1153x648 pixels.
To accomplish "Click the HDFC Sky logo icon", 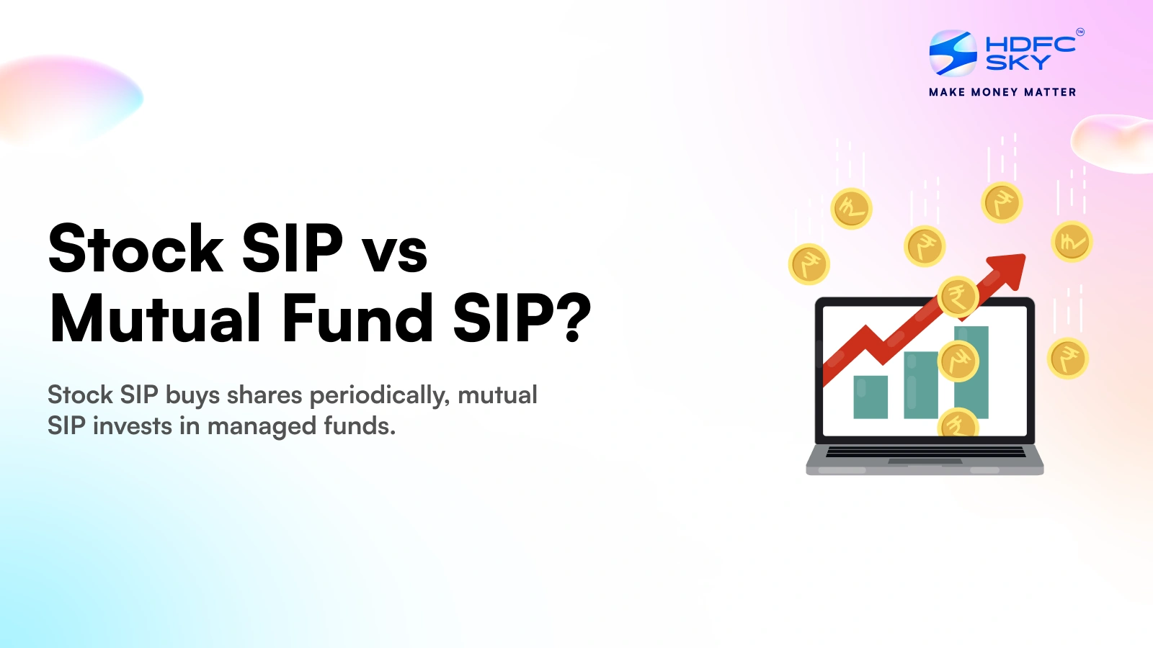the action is coord(953,53).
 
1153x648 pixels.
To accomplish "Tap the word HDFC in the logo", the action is coord(1030,45).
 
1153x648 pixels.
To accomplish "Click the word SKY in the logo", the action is coord(1018,62).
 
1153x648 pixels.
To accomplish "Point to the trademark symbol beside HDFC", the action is coord(1080,32).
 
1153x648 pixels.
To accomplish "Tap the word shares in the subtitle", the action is coord(264,395).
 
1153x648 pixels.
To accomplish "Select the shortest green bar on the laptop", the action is coord(871,397).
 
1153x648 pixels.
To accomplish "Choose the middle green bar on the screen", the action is coord(921,384).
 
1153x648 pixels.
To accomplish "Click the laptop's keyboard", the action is coord(925,452).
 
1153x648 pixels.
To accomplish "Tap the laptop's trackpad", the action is coord(925,462).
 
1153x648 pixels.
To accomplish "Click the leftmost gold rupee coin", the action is coord(809,264).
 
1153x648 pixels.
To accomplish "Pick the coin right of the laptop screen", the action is coord(1068,359).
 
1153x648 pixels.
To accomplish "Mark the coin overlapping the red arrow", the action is coord(958,297).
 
